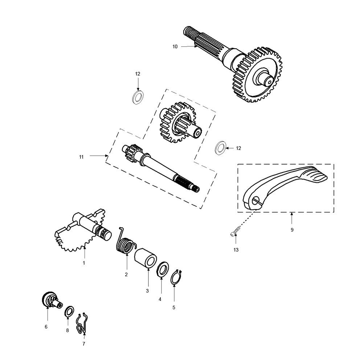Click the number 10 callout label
point(175,46)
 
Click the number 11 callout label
point(81,157)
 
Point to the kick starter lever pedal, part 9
point(287,185)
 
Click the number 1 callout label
point(83,262)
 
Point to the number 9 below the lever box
point(292,230)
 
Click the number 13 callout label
point(236,250)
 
